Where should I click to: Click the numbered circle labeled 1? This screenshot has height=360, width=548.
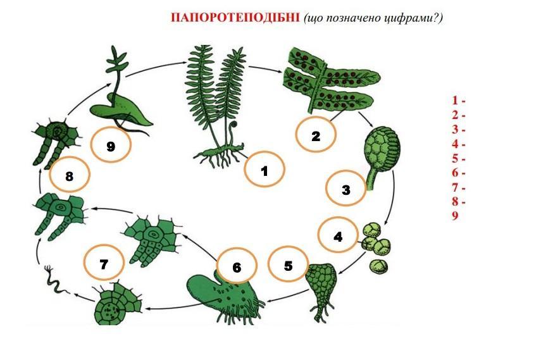pos(265,170)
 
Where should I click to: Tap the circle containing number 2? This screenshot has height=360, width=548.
pos(316,135)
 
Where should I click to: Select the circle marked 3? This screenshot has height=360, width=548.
pos(346,189)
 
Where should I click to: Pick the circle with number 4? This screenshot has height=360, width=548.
pos(338,235)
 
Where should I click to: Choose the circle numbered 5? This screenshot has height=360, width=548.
pos(288,264)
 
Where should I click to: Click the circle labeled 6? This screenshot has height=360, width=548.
pos(237,266)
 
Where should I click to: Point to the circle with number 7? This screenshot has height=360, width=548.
pos(104,262)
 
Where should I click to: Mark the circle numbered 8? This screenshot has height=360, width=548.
pos(70,174)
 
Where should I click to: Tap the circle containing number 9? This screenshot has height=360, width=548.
pos(111,145)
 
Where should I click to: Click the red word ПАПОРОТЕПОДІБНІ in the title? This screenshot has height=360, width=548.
pos(235,18)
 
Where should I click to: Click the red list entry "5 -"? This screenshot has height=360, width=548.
pos(458,159)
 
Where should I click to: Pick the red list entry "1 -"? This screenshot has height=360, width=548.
pos(458,101)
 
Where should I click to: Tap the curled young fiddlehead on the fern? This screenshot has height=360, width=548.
pos(232,131)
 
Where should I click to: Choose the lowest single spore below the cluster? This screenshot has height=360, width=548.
pos(378,266)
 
